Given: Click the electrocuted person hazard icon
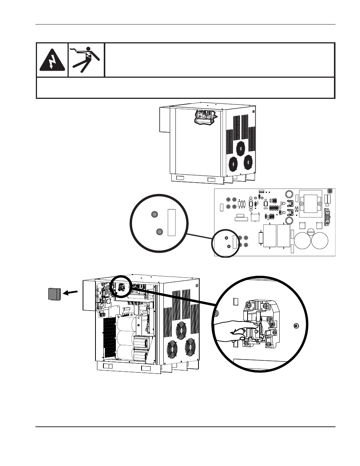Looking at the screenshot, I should tap(86, 59).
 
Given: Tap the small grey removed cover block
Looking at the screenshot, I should tap(54, 294).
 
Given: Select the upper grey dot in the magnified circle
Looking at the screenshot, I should tap(154, 215).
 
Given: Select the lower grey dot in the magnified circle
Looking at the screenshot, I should tap(159, 231).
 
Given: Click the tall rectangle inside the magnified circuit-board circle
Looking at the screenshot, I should tap(171, 223).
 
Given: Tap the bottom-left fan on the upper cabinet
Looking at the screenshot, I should tap(234, 163).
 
